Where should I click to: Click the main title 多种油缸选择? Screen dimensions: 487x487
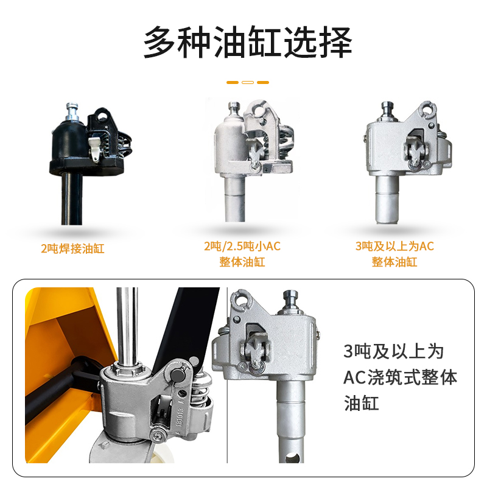[x=248, y=42]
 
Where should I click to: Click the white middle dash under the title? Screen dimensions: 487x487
[x=248, y=82]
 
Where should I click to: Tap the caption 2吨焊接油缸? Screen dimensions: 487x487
[x=72, y=248]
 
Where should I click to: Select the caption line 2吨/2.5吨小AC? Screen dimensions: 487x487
[x=242, y=247]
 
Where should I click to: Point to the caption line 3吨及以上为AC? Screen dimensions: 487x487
[x=394, y=247]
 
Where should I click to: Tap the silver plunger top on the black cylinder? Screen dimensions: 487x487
[x=72, y=110]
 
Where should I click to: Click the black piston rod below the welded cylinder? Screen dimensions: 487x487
[x=72, y=199]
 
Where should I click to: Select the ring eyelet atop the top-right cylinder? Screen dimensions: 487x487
[x=429, y=110]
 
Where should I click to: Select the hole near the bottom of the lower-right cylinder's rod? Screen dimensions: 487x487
[x=292, y=458]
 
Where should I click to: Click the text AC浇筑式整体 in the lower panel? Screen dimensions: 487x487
[x=401, y=377]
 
